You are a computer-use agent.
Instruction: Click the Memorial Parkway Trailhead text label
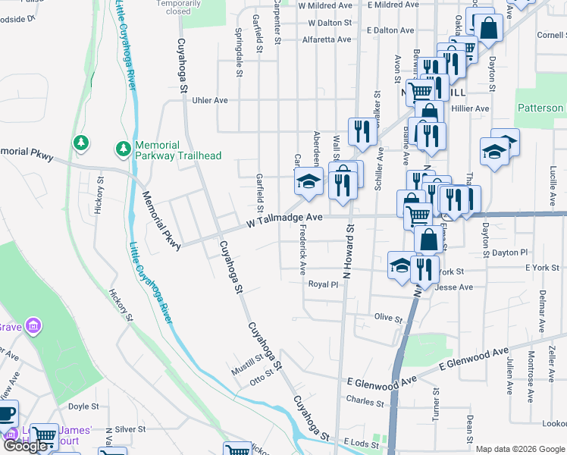click(177, 150)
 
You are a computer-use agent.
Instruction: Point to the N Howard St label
click(349, 251)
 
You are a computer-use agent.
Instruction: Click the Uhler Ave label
click(210, 100)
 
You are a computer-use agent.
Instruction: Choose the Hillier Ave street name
click(470, 108)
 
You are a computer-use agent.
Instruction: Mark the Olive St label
click(387, 317)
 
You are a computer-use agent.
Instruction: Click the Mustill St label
click(248, 367)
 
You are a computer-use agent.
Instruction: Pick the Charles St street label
click(360, 400)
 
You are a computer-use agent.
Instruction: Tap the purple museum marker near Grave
click(33, 327)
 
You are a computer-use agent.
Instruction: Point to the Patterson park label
click(540, 108)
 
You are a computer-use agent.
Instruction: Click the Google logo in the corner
click(25, 446)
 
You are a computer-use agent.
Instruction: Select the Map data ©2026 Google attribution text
click(520, 449)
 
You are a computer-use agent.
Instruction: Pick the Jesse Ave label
click(455, 287)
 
